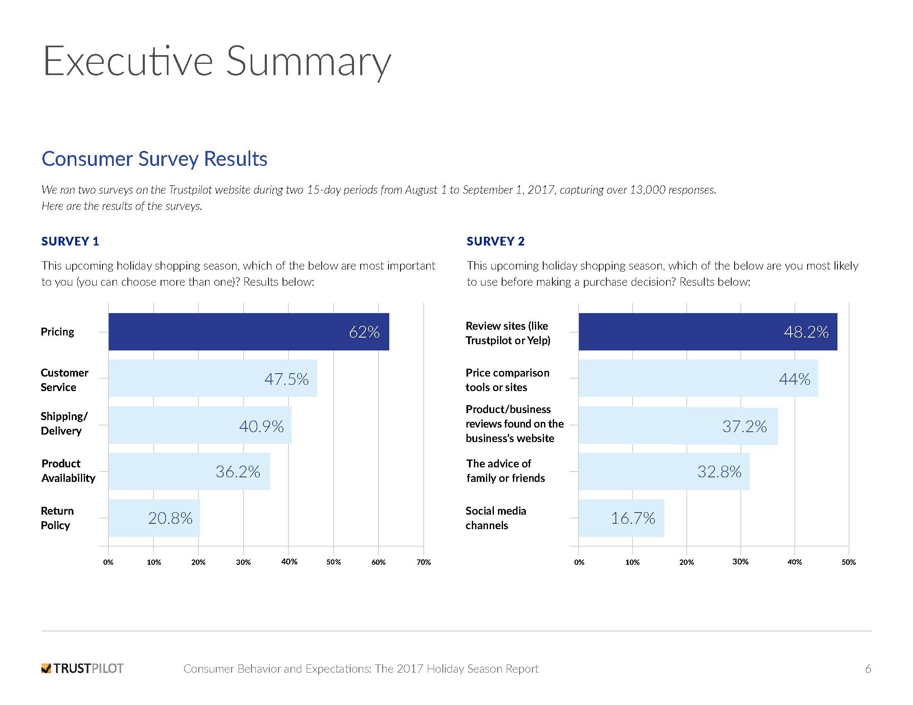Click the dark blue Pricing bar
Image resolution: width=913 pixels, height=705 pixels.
tap(248, 332)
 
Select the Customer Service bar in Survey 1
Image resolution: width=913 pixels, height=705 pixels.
tap(212, 378)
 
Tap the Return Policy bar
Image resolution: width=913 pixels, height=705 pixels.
tap(154, 518)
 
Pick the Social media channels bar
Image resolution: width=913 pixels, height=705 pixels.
tap(621, 518)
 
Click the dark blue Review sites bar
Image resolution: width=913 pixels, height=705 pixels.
tap(708, 332)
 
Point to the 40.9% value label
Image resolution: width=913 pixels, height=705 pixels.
tap(261, 426)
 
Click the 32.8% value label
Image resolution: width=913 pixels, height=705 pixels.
tap(719, 472)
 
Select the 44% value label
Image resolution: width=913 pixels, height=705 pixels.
tap(794, 379)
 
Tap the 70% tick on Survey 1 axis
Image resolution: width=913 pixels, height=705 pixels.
tap(423, 562)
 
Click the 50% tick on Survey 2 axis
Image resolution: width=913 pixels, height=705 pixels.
tap(849, 562)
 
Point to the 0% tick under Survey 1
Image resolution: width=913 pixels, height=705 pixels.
tap(108, 562)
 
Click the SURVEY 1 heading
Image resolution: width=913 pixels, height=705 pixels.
tap(70, 241)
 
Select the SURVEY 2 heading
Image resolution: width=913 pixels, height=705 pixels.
tap(496, 241)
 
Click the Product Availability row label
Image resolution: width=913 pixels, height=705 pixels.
tap(68, 471)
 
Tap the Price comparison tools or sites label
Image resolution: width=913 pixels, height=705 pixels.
tap(508, 379)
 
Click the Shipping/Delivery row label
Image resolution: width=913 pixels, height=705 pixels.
tap(64, 423)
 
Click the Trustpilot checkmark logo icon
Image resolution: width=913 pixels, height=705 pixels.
tap(46, 669)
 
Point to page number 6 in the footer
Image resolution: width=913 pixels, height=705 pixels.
tap(868, 669)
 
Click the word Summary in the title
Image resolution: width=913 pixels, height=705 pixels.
tap(308, 62)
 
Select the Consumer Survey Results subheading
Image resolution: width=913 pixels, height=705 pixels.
tap(154, 159)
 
